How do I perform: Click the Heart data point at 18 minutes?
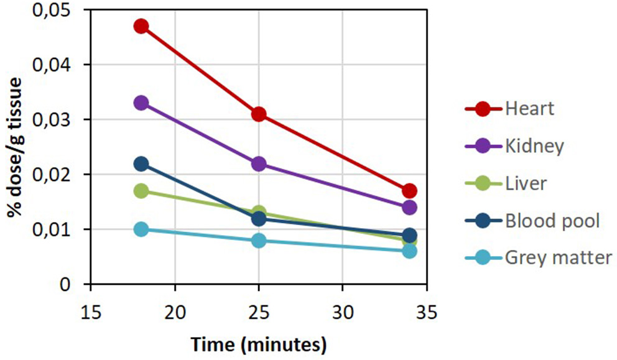coord(141,26)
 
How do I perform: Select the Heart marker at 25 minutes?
coord(259,114)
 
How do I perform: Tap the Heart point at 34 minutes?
coord(409,190)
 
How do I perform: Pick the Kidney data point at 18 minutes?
coord(141,103)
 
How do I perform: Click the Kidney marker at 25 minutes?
coord(259,164)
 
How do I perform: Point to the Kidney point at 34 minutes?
coord(409,207)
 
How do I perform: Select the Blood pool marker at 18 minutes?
coord(141,164)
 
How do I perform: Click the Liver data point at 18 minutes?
coord(141,190)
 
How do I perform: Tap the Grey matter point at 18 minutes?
coord(141,229)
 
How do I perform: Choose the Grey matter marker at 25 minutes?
coord(259,240)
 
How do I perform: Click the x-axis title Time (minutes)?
coord(258,343)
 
